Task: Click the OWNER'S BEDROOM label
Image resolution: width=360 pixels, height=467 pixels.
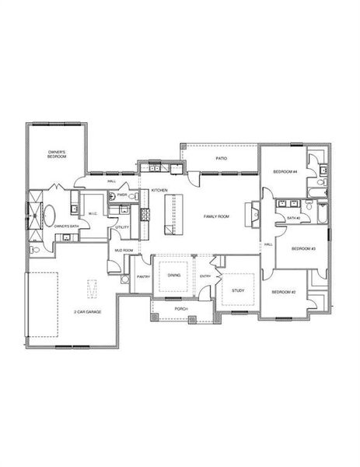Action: click(x=56, y=154)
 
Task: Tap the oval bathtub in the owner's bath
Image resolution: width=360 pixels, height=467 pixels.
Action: click(x=49, y=212)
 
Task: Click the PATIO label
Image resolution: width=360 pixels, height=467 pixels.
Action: click(x=222, y=159)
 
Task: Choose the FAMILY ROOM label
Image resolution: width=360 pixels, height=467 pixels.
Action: click(x=215, y=216)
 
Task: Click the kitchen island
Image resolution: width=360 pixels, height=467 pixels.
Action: click(x=173, y=216)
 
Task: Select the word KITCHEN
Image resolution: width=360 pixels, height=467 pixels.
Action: click(x=160, y=190)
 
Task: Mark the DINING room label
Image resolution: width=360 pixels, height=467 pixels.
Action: click(x=174, y=275)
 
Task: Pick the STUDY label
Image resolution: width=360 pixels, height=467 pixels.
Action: click(x=239, y=290)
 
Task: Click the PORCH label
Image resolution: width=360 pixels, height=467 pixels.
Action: click(x=181, y=308)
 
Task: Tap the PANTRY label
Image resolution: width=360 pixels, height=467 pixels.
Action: click(x=142, y=277)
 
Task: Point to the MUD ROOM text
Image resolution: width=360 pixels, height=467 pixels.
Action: click(x=124, y=250)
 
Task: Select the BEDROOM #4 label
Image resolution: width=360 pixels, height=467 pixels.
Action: click(x=285, y=171)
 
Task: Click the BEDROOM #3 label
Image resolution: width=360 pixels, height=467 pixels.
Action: click(x=302, y=248)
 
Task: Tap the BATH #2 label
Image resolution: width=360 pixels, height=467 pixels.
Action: click(x=292, y=218)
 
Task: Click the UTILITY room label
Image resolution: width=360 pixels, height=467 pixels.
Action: click(x=122, y=227)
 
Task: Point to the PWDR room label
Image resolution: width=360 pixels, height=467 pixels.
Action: click(x=122, y=195)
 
